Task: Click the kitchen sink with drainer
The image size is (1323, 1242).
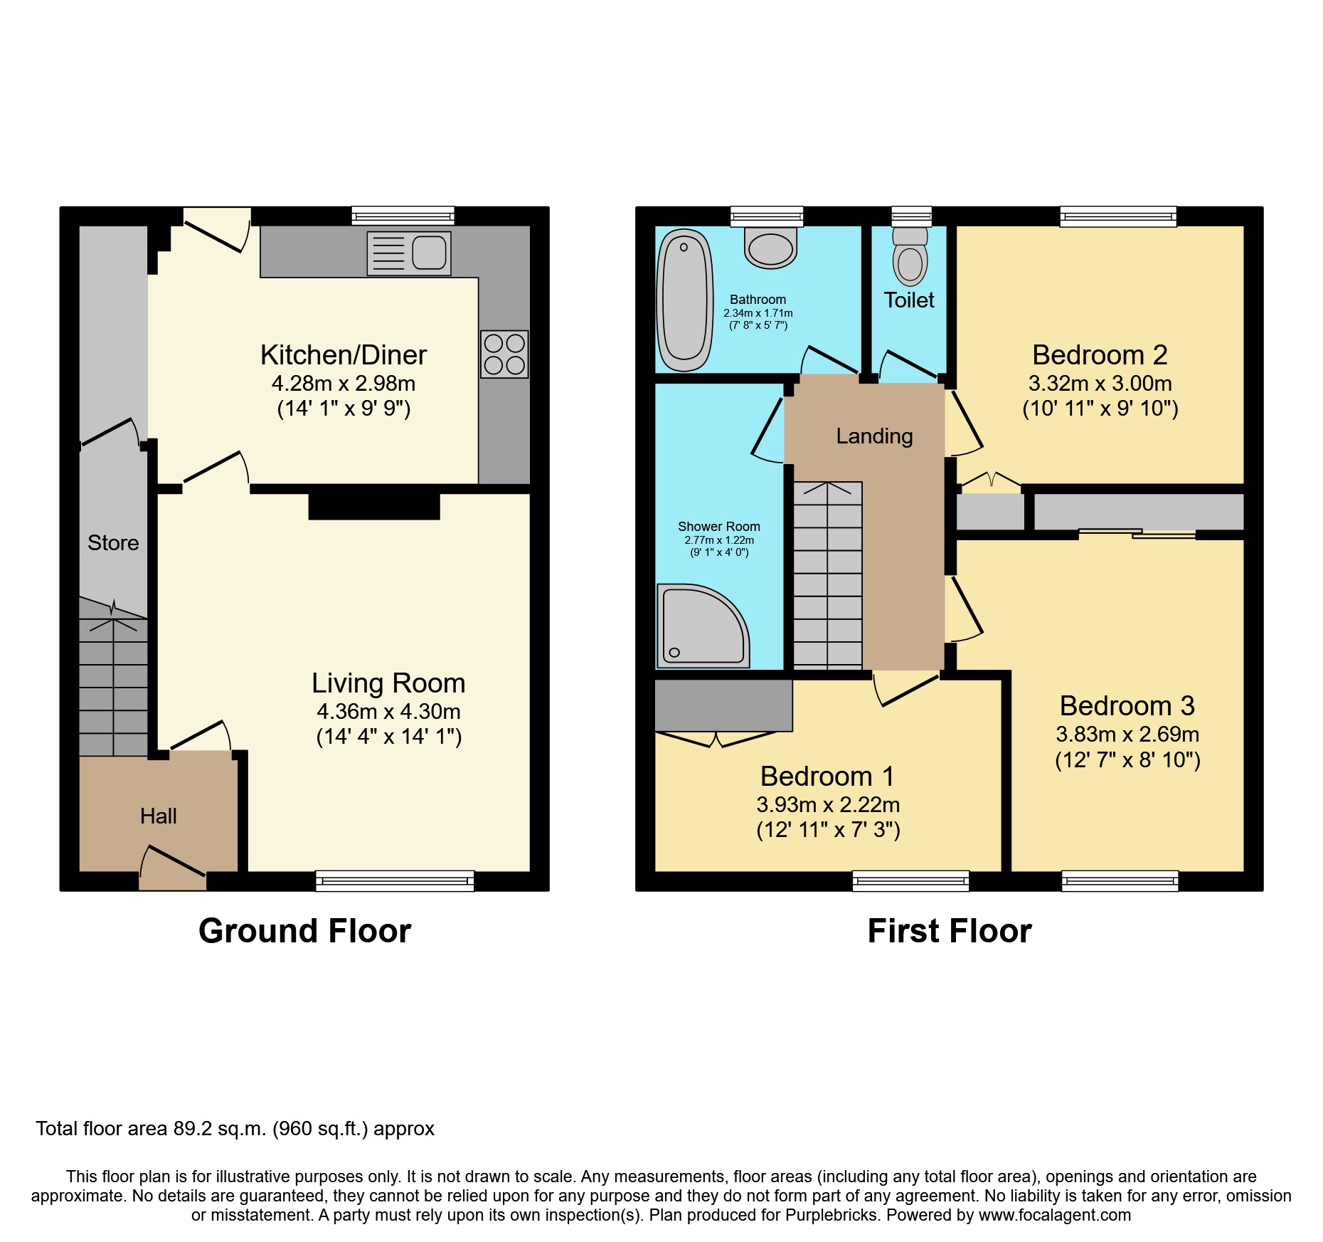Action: pyautogui.click(x=409, y=253)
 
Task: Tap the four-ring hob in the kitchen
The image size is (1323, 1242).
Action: pyautogui.click(x=504, y=354)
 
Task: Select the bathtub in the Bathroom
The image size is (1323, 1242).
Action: pyautogui.click(x=684, y=300)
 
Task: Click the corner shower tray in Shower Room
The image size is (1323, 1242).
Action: pyautogui.click(x=701, y=627)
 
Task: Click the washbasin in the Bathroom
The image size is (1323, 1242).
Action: pyautogui.click(x=770, y=248)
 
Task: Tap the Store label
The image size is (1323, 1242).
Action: pyautogui.click(x=113, y=542)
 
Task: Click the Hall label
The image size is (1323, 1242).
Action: pyautogui.click(x=158, y=816)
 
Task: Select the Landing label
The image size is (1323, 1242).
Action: pyautogui.click(x=874, y=436)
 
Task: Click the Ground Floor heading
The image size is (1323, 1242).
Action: pyautogui.click(x=304, y=931)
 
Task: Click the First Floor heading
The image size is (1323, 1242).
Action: pyautogui.click(x=949, y=931)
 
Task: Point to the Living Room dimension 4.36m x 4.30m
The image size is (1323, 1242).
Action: pyautogui.click(x=388, y=711)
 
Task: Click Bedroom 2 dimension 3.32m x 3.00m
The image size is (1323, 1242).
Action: pyautogui.click(x=1100, y=383)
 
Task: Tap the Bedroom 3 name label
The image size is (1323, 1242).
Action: pyautogui.click(x=1127, y=705)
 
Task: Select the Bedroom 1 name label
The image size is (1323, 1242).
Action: pyautogui.click(x=827, y=776)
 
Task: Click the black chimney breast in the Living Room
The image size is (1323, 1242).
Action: pyautogui.click(x=374, y=506)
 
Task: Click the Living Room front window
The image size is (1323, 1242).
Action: pyautogui.click(x=395, y=881)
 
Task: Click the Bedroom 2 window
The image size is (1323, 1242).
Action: pyautogui.click(x=1117, y=216)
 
